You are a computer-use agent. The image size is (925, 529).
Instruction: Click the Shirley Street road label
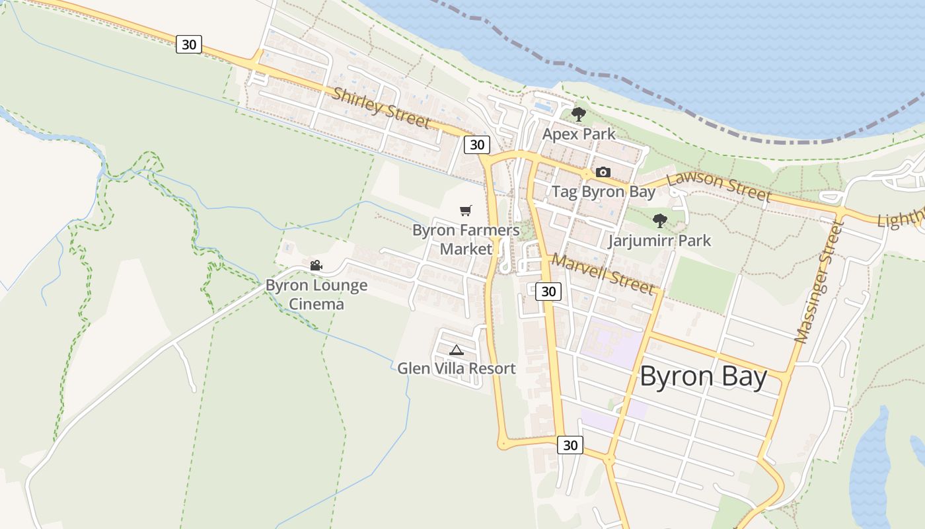[x=381, y=108]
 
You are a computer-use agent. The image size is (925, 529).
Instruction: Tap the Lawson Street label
[x=718, y=186]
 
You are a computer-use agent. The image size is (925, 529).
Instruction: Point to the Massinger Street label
[x=819, y=283]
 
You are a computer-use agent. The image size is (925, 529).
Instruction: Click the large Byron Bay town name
[x=703, y=377]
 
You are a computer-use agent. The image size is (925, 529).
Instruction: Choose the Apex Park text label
[x=579, y=134]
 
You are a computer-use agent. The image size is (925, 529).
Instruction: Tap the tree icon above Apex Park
[x=579, y=114]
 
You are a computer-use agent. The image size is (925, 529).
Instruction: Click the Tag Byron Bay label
[x=603, y=192]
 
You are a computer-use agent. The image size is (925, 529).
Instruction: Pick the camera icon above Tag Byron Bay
[x=603, y=173]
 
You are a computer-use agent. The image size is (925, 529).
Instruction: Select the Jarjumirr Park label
[x=659, y=240]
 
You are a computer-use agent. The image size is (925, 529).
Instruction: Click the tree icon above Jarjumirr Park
[x=659, y=221]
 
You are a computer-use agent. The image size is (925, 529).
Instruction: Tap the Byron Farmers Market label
[x=466, y=239]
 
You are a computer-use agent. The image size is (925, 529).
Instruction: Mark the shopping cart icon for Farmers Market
[x=466, y=211]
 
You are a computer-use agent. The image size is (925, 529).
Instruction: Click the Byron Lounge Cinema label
[x=316, y=295]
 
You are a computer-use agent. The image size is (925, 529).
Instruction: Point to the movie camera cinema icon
[x=316, y=266]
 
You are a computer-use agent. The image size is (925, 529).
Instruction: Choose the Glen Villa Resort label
[x=456, y=368]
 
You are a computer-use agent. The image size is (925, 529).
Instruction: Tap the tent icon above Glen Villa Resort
[x=456, y=350]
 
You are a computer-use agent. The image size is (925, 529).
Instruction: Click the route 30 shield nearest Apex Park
[x=476, y=144]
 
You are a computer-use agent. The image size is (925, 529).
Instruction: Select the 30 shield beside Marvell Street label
[x=548, y=291]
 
